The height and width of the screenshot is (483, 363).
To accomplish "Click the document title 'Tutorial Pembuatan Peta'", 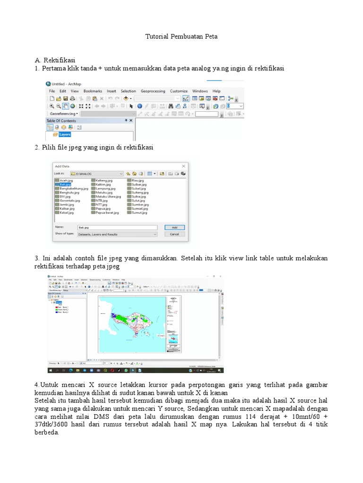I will [181, 36].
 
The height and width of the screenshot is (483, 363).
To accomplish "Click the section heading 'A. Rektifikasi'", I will [55, 60].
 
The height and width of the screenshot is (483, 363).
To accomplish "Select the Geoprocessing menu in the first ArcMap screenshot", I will [153, 91].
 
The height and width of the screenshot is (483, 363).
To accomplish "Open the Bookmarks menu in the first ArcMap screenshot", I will [93, 91].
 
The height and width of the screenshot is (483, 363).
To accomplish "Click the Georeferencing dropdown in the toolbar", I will [64, 114].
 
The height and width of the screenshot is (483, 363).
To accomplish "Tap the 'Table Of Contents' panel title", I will [61, 121].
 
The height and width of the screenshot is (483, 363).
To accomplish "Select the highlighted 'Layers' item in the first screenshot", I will [64, 134].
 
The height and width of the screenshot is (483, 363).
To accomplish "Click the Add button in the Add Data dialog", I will [174, 227].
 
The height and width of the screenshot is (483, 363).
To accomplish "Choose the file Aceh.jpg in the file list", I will [66, 181].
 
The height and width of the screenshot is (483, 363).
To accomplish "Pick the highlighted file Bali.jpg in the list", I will [64, 185].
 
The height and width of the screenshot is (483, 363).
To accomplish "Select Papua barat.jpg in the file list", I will [107, 213].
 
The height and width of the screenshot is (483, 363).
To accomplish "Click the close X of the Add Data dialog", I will [184, 166].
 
